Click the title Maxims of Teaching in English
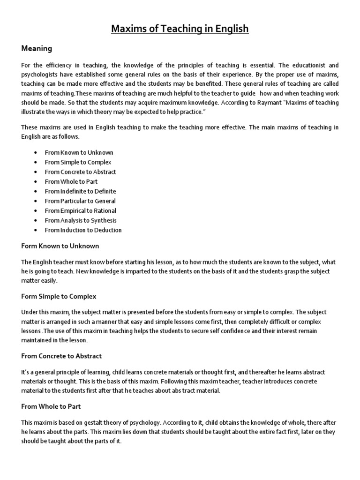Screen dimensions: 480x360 pyautogui.click(x=180, y=30)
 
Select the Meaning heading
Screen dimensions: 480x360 pyautogui.click(x=37, y=48)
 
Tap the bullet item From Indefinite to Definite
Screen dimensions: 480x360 pyautogui.click(x=80, y=191)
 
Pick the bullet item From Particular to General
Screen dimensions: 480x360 pyautogui.click(x=80, y=201)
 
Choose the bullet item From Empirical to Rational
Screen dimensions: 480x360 pyautogui.click(x=80, y=211)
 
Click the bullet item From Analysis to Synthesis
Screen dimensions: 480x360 pyautogui.click(x=81, y=220)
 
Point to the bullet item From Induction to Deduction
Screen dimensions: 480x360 pyautogui.click(x=83, y=230)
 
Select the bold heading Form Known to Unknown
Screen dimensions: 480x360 pyautogui.click(x=60, y=246)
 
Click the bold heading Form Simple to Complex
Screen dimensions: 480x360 pyautogui.click(x=59, y=296)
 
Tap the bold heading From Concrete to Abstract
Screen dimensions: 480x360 pyautogui.click(x=61, y=356)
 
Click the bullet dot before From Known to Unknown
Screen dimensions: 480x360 pyautogui.click(x=36, y=153)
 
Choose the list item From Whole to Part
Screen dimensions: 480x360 pyautogui.click(x=71, y=181)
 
